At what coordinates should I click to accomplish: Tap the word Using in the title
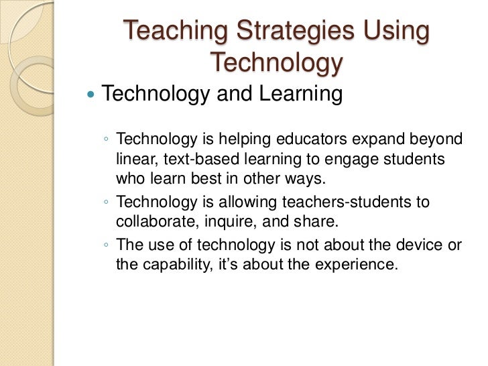pos(395,32)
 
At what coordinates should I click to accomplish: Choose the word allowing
pos(233,202)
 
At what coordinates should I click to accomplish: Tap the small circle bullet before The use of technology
pos(107,245)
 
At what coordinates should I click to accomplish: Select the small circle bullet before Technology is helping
pos(107,140)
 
